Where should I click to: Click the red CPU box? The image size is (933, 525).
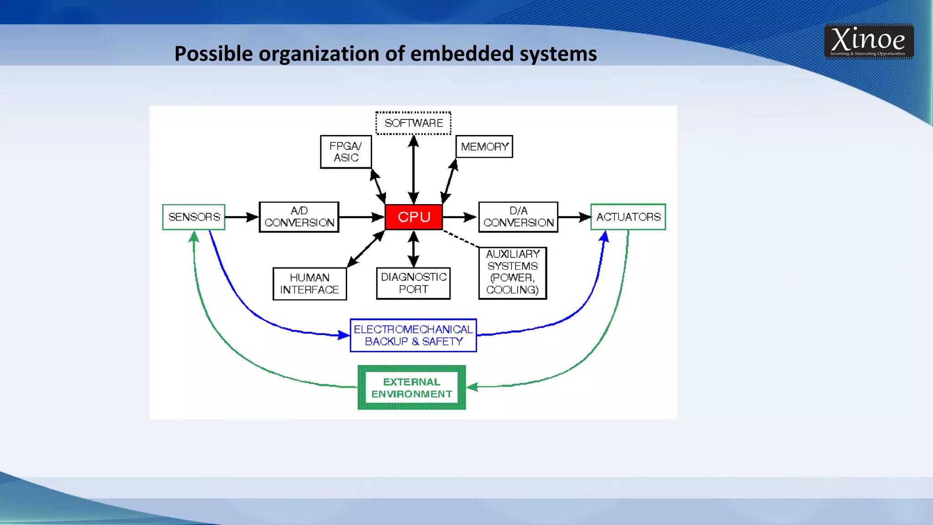tap(414, 217)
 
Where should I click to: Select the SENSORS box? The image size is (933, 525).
tap(194, 217)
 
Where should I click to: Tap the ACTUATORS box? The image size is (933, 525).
tap(628, 217)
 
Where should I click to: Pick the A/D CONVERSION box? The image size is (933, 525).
tap(299, 217)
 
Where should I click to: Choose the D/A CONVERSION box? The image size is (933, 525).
tap(518, 217)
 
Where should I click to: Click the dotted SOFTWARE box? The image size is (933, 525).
tap(414, 123)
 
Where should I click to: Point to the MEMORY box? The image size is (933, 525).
tap(484, 147)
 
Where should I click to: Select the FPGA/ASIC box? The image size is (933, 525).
tap(346, 152)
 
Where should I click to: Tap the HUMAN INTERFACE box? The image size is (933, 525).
tap(310, 283)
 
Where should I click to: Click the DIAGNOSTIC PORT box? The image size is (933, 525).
tap(414, 283)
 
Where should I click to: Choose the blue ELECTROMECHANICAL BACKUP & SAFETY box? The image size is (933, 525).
tap(414, 335)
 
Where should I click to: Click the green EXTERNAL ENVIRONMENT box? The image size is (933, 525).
tap(412, 388)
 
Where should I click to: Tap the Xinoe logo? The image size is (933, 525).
tap(868, 41)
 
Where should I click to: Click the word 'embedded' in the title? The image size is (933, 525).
tap(462, 54)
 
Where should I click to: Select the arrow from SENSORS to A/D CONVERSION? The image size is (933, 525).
tap(242, 217)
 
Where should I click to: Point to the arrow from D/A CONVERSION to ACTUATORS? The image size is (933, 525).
tap(574, 217)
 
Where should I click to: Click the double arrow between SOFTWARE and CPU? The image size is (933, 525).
tap(414, 170)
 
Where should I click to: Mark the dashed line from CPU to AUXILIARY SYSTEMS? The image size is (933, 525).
tap(461, 239)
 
